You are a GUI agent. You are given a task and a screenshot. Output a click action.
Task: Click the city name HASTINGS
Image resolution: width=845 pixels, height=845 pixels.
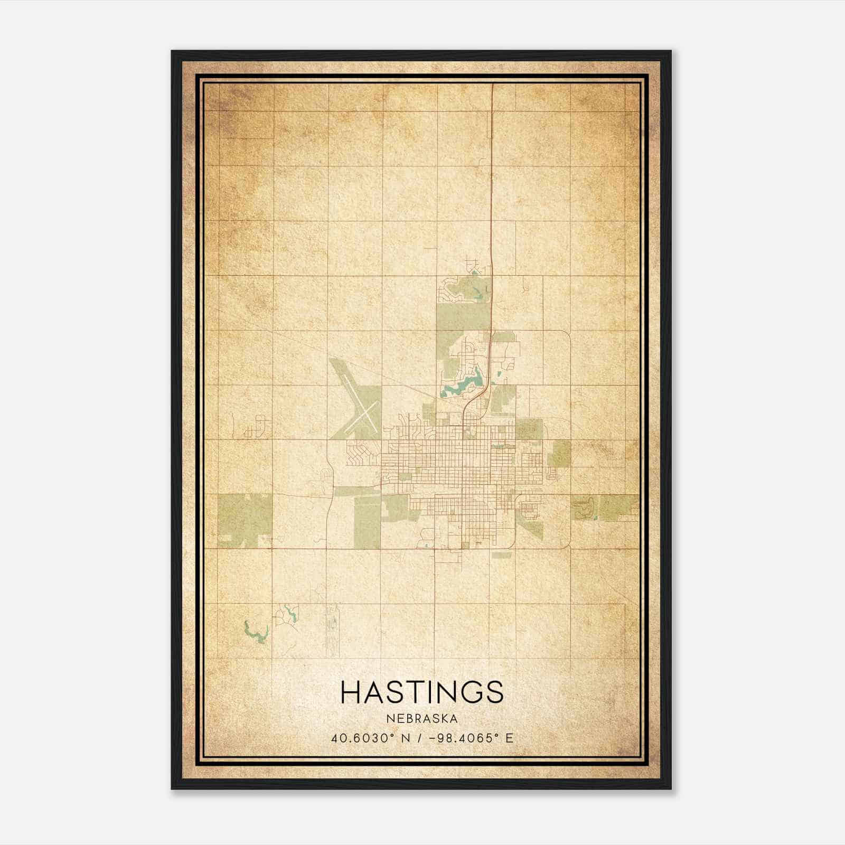tap(422, 692)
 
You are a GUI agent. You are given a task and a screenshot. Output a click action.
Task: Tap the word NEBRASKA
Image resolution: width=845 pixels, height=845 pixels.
tap(422, 719)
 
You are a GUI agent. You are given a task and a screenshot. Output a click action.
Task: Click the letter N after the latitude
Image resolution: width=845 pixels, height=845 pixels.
tap(406, 738)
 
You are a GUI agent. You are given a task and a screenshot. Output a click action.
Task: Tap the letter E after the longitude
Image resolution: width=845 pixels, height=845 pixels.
tap(509, 738)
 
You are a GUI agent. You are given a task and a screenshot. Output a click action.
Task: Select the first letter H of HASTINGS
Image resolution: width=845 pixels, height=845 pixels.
tap(351, 692)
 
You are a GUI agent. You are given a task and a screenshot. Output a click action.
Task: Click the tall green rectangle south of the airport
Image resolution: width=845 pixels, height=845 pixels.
tap(367, 520)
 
